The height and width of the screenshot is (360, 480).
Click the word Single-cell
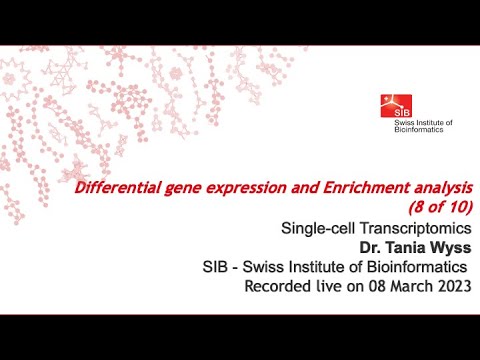(316, 228)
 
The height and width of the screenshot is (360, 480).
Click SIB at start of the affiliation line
(219, 267)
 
